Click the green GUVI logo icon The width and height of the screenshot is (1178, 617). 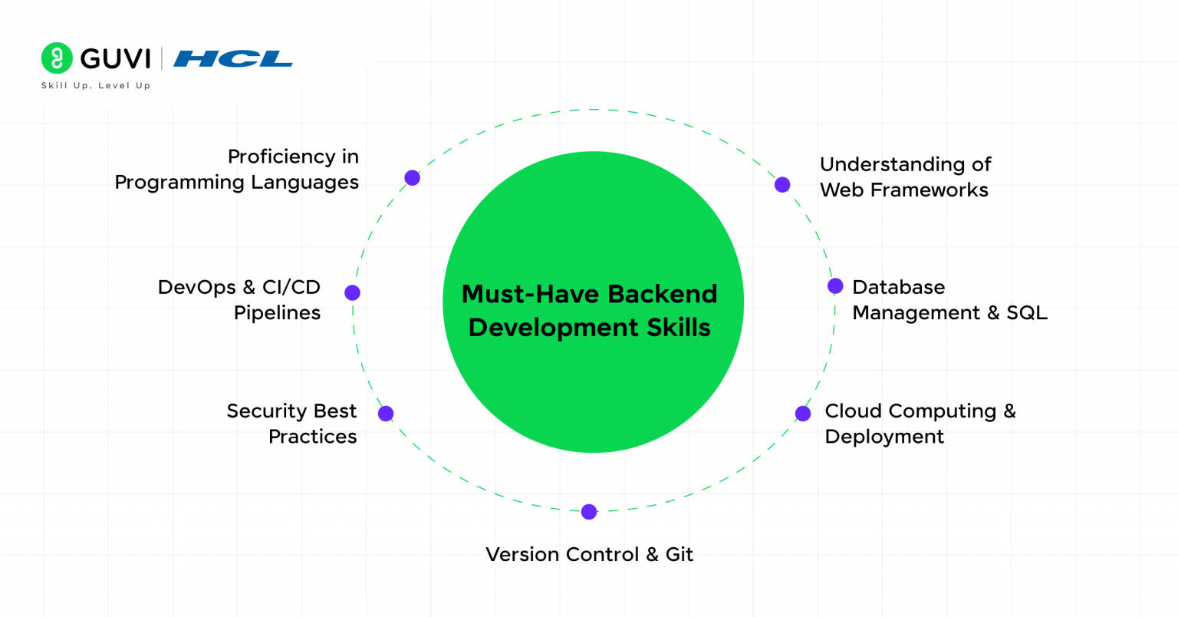pyautogui.click(x=57, y=58)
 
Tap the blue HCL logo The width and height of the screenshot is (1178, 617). pyautogui.click(x=233, y=58)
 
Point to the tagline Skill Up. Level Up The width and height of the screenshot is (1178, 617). pyautogui.click(x=96, y=86)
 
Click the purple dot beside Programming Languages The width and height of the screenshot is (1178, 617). pyautogui.click(x=412, y=178)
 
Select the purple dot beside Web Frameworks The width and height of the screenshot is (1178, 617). pyautogui.click(x=782, y=184)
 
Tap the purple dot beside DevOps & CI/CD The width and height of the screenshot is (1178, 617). pyautogui.click(x=352, y=292)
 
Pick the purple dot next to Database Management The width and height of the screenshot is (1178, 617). pyautogui.click(x=835, y=286)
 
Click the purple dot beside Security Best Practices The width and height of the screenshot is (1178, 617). pyautogui.click(x=386, y=414)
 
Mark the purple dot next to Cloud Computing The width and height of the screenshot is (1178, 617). pyautogui.click(x=803, y=414)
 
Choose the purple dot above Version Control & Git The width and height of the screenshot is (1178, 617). pyautogui.click(x=589, y=512)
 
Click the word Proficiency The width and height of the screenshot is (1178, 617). pyautogui.click(x=281, y=157)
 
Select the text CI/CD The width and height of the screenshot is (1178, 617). pyautogui.click(x=291, y=287)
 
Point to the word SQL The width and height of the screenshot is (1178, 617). pyautogui.click(x=1027, y=313)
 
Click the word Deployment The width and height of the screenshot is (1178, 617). pyautogui.click(x=884, y=437)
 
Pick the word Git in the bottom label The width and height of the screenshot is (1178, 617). pyautogui.click(x=679, y=555)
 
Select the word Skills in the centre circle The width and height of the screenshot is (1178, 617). pyautogui.click(x=677, y=328)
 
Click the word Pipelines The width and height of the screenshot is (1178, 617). pyautogui.click(x=277, y=313)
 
